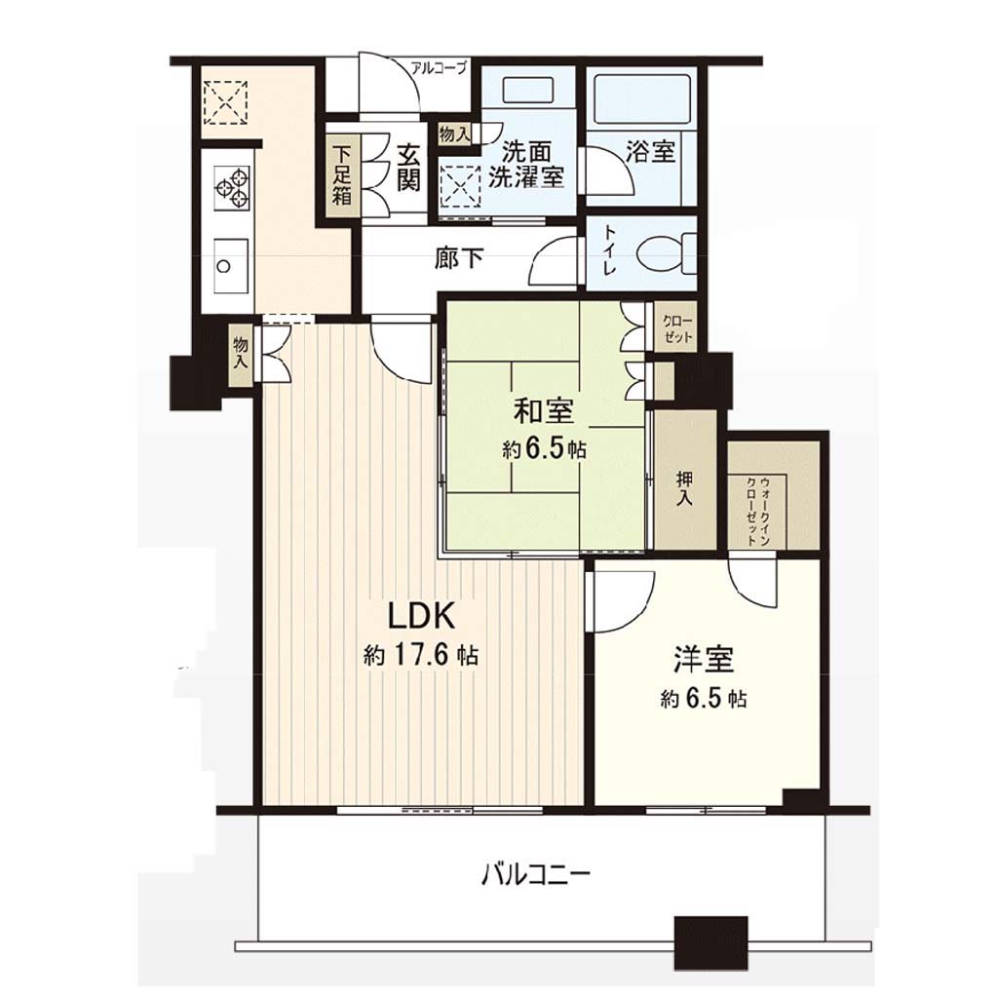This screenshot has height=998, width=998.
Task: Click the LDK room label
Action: point(421,616)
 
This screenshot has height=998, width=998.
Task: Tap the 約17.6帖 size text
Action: point(421,655)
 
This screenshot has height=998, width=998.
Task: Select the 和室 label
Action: point(544,411)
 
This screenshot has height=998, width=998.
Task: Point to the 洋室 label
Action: point(704,660)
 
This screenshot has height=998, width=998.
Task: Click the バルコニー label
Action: point(536,874)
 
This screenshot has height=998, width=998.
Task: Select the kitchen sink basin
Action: point(231,265)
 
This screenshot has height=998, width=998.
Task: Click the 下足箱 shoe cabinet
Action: point(343,175)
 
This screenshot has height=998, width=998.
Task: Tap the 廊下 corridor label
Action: point(459,257)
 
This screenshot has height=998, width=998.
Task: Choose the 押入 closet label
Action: point(685,488)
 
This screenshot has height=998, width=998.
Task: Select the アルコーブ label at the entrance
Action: point(439,67)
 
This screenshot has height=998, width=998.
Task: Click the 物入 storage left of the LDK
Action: point(241,354)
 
